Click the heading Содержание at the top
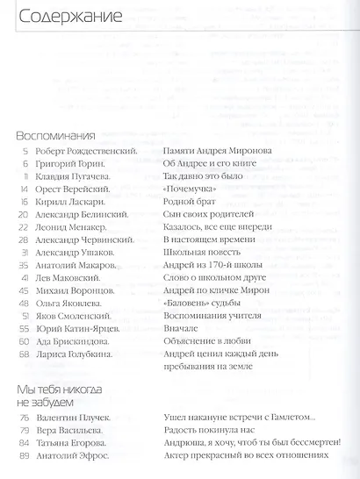pyautogui.click(x=57, y=16)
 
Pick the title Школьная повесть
pyautogui.click(x=204, y=252)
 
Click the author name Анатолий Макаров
pyautogui.click(x=77, y=264)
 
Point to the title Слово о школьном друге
pyautogui.click(x=214, y=277)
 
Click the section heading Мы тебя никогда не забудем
pyautogui.click(x=60, y=396)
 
